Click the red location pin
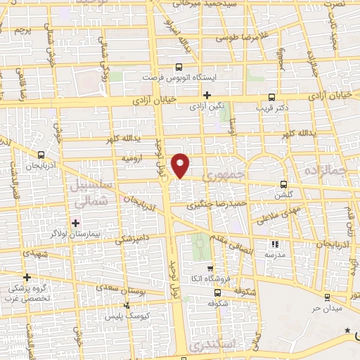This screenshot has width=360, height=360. click(x=181, y=165)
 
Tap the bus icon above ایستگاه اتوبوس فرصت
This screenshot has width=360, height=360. click(x=179, y=67)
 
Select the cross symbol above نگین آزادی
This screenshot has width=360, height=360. click(x=207, y=95)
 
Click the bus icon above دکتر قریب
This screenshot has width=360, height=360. click(x=272, y=98)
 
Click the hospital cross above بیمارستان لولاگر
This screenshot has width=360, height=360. click(x=75, y=223)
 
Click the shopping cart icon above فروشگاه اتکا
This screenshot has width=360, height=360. click(x=210, y=269)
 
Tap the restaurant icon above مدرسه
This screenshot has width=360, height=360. click(x=275, y=244)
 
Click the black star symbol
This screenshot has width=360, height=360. click(x=346, y=330)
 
